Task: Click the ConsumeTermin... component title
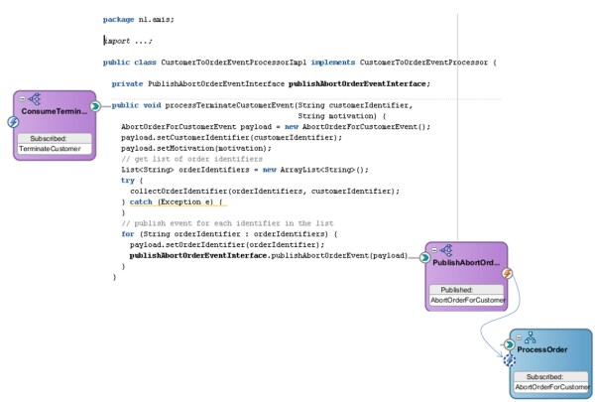click(x=55, y=112)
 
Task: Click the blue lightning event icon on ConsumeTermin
click(x=13, y=122)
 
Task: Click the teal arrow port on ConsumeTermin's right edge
click(x=94, y=105)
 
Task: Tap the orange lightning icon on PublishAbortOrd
click(x=507, y=273)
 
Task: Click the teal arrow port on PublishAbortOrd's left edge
click(x=424, y=257)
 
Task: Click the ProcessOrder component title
click(x=540, y=349)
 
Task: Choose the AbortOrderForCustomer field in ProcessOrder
click(x=551, y=387)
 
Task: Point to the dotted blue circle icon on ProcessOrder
click(x=510, y=359)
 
